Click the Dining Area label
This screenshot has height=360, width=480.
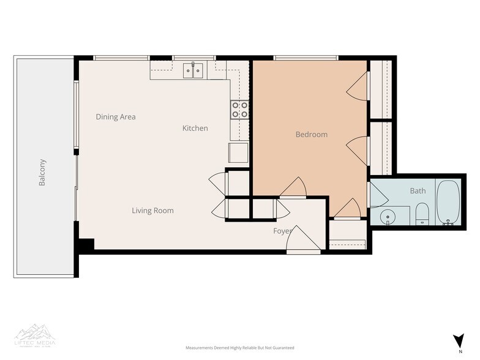(116, 116)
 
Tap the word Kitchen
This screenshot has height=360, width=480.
(195, 128)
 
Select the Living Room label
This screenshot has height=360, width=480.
(152, 211)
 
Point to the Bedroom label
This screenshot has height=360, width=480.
(311, 134)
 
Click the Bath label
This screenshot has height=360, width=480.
(418, 190)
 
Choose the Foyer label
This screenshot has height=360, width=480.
(282, 231)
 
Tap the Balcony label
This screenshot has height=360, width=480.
(42, 173)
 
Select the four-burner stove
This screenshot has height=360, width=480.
(239, 110)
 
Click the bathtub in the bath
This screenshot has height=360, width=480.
(448, 202)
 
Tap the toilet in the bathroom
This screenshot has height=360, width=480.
(422, 214)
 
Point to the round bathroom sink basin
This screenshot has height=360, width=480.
(387, 217)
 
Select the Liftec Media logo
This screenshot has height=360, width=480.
(35, 334)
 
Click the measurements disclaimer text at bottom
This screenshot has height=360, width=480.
(240, 347)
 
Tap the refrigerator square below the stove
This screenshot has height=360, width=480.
(238, 152)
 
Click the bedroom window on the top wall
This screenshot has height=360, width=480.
(307, 58)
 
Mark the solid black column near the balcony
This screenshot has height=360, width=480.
(84, 243)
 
